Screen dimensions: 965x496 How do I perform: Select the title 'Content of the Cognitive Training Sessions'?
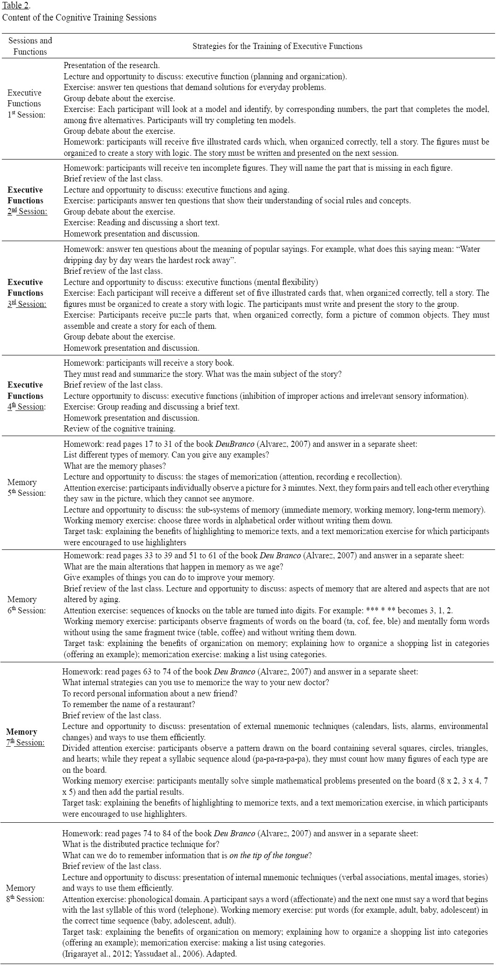click(79, 18)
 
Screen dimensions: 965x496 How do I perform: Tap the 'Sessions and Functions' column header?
click(30, 46)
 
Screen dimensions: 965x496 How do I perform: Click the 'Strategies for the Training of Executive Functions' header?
click(277, 46)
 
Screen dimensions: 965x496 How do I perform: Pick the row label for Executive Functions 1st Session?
click(25, 104)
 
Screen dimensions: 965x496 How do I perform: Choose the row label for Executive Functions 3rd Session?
click(25, 293)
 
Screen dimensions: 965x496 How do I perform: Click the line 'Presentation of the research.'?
click(111, 66)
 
